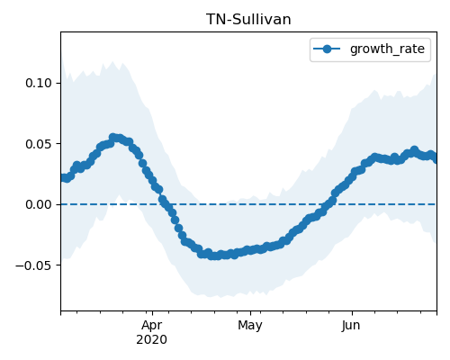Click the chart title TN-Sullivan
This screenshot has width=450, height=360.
(248, 20)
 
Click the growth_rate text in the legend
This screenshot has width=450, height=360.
(387, 49)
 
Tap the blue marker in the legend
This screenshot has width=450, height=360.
(327, 49)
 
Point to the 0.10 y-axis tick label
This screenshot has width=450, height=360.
(39, 83)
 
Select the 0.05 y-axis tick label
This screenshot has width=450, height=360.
(39, 144)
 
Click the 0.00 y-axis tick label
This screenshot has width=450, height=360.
(39, 204)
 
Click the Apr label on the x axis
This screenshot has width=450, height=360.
(152, 325)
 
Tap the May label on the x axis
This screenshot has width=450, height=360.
(250, 325)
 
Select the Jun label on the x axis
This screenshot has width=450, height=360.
(351, 325)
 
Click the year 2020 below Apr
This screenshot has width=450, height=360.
(152, 339)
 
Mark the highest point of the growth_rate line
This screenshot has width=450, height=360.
(112, 138)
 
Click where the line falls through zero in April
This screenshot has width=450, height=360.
(165, 204)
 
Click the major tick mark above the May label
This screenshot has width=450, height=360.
(250, 313)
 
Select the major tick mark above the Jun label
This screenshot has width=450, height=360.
(352, 313)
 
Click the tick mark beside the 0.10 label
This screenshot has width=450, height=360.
(58, 83)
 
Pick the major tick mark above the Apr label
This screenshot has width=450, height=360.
(152, 313)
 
